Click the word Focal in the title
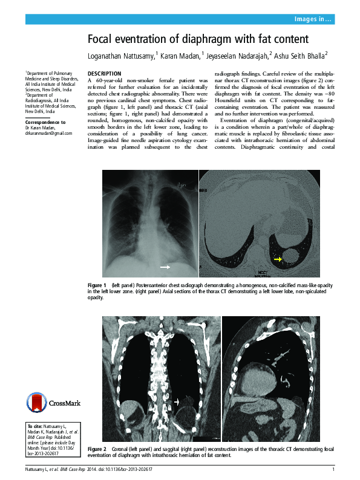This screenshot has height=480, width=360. (101, 39)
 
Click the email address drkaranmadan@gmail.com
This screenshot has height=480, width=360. (48, 132)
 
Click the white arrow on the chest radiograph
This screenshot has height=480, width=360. (165, 266)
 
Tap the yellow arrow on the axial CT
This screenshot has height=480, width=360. (278, 259)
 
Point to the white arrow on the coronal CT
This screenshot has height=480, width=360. (178, 401)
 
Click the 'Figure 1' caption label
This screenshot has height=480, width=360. (97, 285)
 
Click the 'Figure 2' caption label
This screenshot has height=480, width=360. (97, 450)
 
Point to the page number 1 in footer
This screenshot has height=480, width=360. (333, 470)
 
